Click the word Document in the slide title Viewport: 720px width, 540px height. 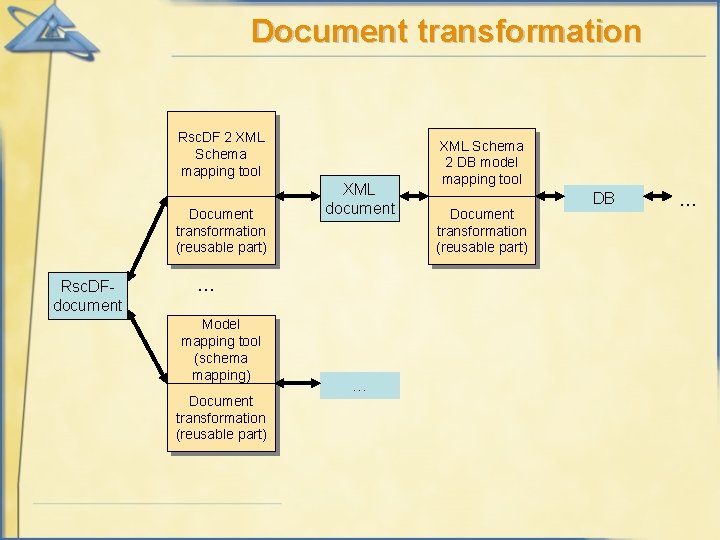[329, 31]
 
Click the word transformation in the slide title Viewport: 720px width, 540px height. [528, 31]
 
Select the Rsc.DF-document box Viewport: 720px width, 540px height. [88, 297]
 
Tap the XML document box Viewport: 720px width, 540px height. [360, 198]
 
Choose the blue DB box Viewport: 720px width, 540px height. [603, 198]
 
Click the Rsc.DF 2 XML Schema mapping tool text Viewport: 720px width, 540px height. [221, 154]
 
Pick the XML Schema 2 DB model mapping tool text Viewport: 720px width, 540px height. [482, 162]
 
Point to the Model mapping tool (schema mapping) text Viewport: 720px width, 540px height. [221, 349]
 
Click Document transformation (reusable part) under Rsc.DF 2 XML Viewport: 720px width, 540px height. [221, 230]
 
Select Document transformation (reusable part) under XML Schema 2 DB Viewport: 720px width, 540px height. [482, 230]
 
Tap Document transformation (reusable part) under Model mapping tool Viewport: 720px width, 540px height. [221, 417]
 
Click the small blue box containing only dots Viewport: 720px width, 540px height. [360, 385]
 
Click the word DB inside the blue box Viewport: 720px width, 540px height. [603, 198]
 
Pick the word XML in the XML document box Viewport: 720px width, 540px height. [359, 189]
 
